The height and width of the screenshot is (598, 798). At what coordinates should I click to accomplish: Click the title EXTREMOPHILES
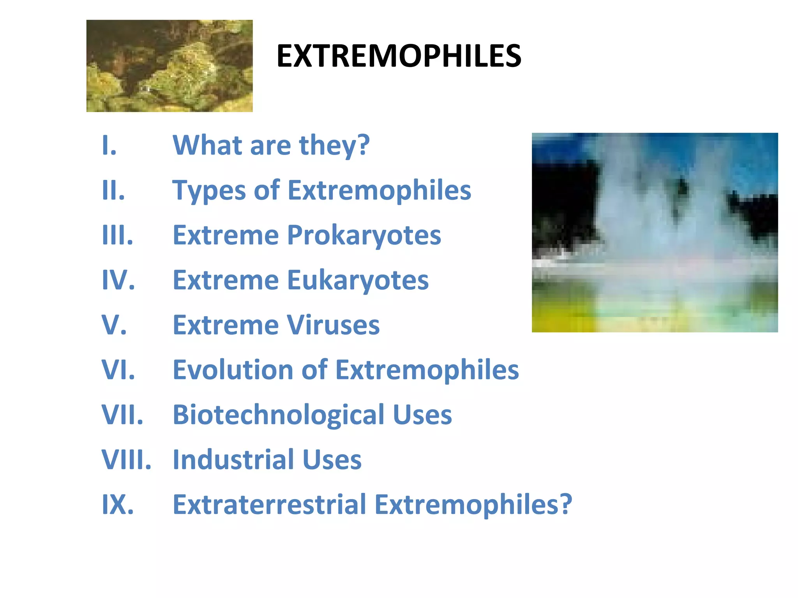point(399,56)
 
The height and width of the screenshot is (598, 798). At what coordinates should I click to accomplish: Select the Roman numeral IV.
point(118,280)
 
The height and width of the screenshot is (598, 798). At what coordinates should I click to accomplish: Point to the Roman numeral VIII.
point(126,460)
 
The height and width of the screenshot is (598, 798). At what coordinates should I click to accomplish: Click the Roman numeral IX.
point(117,505)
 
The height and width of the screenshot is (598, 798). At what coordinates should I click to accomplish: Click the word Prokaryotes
point(364,236)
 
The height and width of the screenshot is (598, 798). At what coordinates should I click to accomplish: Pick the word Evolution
point(233,370)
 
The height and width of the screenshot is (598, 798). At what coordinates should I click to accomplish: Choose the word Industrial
point(233,460)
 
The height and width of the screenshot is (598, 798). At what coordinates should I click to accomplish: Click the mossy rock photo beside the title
point(169,66)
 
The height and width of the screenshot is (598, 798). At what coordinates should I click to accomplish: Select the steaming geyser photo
point(655,232)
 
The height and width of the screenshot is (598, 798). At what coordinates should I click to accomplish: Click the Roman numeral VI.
point(118,370)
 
